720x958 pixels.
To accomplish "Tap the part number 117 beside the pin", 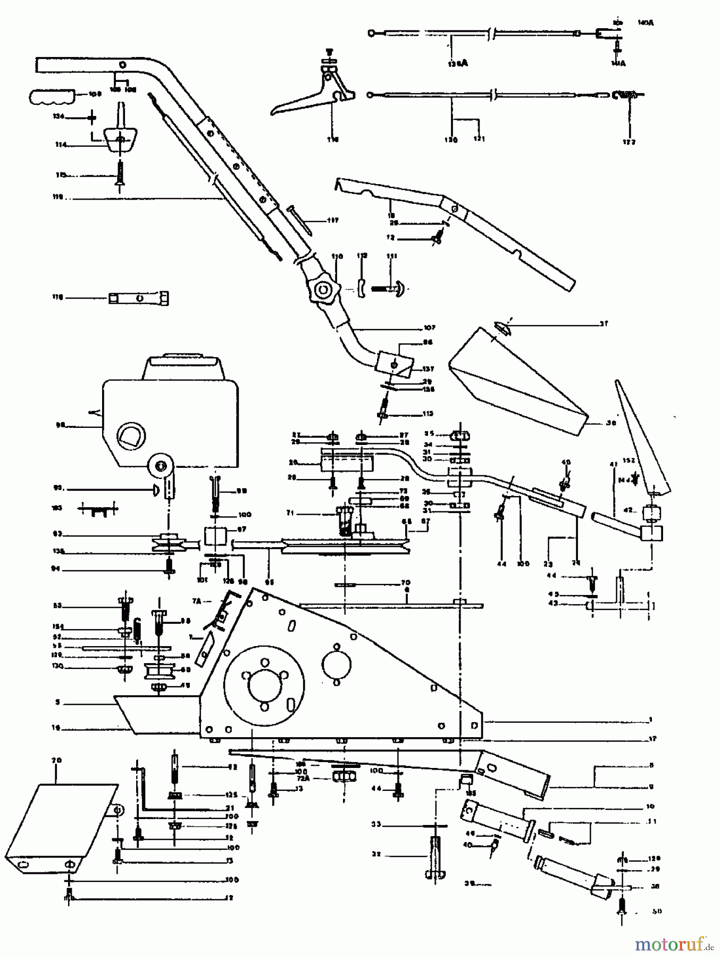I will click(333, 220).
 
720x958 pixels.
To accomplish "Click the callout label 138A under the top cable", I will click(458, 63).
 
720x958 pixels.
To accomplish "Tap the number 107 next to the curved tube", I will click(429, 327).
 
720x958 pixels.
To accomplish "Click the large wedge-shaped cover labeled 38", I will click(516, 378).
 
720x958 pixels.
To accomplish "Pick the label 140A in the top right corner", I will click(646, 23).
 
